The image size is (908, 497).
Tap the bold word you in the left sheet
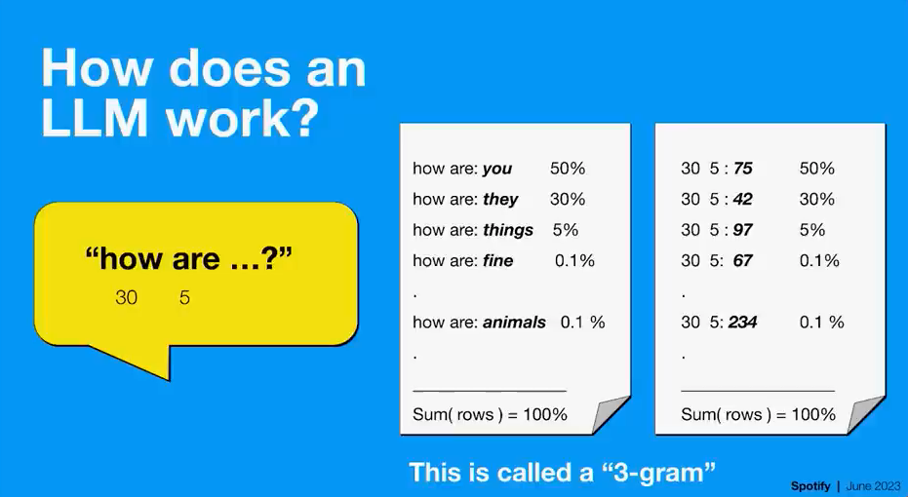point(497,169)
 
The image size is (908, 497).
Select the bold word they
point(500,200)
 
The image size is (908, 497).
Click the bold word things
point(508,230)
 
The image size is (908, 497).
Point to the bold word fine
point(498,260)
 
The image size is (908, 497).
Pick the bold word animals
point(514,322)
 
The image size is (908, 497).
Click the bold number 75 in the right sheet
point(743,169)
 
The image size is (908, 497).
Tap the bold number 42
point(743,199)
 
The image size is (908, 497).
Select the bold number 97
point(743,230)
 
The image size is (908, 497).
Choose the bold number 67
point(743,260)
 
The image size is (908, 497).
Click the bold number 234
point(743,322)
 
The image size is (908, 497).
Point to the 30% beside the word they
point(568,199)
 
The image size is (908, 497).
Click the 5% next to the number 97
point(812,230)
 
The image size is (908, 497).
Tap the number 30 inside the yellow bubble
point(126,297)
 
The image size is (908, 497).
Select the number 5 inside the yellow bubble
point(184,297)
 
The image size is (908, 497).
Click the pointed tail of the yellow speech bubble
point(169,379)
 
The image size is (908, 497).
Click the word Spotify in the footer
point(810,486)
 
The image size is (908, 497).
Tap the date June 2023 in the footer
point(873,486)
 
